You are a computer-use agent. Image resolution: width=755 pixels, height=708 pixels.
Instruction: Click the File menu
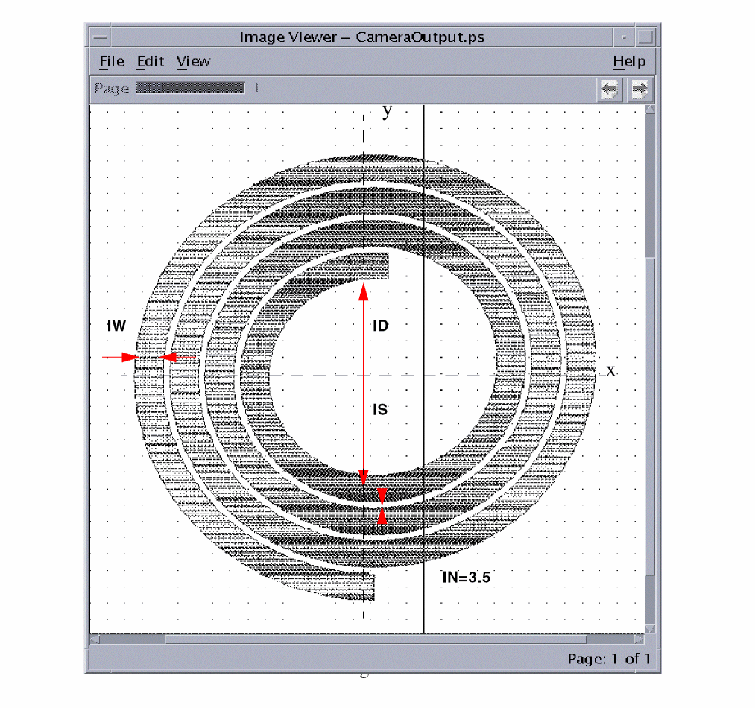point(112,62)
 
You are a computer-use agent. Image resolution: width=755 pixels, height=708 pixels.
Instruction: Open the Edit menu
point(151,62)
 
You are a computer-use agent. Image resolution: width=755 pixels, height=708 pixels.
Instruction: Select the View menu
point(193,62)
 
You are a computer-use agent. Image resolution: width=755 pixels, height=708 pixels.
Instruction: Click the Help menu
point(629,62)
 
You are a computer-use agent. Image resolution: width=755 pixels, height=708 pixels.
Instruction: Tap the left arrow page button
point(610,89)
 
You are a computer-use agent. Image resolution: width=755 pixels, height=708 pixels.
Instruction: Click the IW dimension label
point(116,326)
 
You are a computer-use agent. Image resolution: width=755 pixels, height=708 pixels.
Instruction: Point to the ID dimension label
point(380,326)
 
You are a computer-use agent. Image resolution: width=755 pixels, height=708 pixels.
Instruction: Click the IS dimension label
point(380,410)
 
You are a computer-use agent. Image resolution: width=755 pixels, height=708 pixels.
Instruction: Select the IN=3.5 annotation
point(466,577)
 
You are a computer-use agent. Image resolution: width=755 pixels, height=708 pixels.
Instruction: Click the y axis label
point(387,112)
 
